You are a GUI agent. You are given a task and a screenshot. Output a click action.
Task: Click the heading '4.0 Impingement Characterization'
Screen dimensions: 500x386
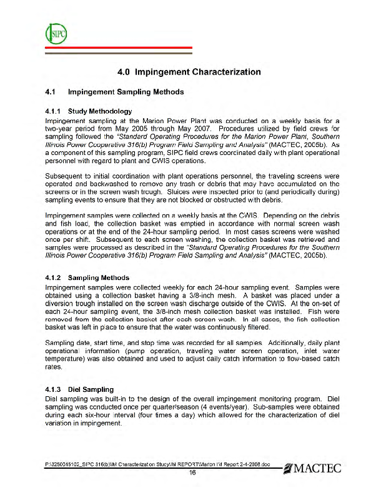click(194, 72)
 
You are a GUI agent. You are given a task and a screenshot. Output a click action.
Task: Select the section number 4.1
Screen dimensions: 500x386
click(53, 92)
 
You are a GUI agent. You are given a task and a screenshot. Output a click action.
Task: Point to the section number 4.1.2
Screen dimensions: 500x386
click(56, 277)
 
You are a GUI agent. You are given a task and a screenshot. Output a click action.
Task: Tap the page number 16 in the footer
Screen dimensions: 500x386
click(193, 472)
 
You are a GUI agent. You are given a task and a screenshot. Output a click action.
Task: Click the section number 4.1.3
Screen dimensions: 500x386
click(56, 389)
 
